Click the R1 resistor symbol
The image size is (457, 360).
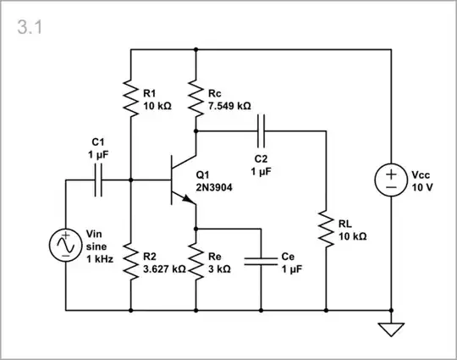[131, 98]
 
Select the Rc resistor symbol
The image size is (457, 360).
[195, 98]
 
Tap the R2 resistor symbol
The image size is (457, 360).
[131, 263]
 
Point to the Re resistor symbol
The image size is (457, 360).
[195, 263]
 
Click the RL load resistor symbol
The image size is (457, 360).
[326, 229]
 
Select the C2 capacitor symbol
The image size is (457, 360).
[261, 130]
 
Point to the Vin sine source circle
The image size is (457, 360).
[66, 245]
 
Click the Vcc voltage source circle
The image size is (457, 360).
[390, 180]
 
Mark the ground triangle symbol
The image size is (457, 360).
[390, 329]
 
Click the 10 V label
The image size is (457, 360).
[422, 187]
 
